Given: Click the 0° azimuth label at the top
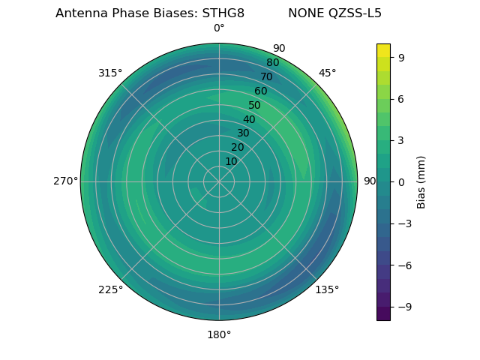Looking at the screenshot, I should (x=219, y=28).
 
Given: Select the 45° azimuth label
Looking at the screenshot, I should (x=328, y=73).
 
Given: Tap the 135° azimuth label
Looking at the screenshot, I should (x=327, y=289).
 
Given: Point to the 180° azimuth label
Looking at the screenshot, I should (x=219, y=334).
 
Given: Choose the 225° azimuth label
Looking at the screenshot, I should (x=110, y=289).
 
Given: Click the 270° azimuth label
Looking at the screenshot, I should (x=65, y=181).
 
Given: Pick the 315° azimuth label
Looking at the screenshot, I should (x=110, y=73).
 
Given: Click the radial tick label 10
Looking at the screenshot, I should (x=232, y=161).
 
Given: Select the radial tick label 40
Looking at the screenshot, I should (x=249, y=119).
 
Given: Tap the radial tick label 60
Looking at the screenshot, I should (x=261, y=91).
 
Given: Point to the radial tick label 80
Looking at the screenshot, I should (x=273, y=63).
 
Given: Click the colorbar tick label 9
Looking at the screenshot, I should (x=402, y=57).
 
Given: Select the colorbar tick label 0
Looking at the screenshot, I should (x=402, y=181).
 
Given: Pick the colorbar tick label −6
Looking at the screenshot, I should (x=404, y=265).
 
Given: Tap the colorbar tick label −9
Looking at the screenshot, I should (x=404, y=307).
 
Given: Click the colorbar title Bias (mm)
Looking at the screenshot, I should (x=421, y=181).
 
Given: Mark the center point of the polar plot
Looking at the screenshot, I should (x=219, y=181).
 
